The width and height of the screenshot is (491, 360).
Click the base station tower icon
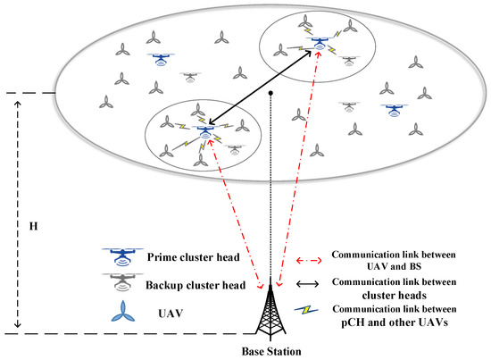270,313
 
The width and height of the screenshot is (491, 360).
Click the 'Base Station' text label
270,350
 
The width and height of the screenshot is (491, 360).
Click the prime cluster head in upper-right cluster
317,43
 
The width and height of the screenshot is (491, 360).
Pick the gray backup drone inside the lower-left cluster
235,148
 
